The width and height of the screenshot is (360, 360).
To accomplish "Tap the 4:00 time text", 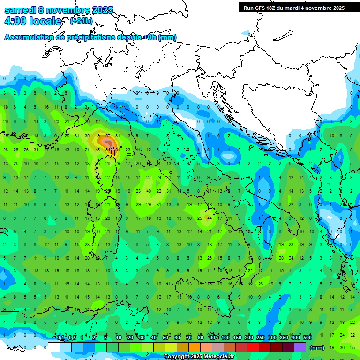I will pyautogui.click(x=17, y=22).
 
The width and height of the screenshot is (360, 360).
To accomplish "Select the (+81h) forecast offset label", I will pyautogui.click(x=81, y=21).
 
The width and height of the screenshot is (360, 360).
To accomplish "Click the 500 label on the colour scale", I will pyautogui.click(x=307, y=338).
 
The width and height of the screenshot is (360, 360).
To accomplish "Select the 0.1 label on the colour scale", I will pyautogui.click(x=60, y=338).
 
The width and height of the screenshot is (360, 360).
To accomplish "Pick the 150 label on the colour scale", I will pyautogui.click(x=237, y=338).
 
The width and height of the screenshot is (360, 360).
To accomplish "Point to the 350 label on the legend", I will pyautogui.click(x=284, y=338).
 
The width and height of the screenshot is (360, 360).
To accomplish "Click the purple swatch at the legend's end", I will pyautogui.click(x=300, y=347).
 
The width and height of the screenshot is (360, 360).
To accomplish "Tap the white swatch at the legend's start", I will pyautogui.click(x=54, y=347).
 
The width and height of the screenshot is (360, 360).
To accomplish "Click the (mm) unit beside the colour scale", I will pyautogui.click(x=317, y=348).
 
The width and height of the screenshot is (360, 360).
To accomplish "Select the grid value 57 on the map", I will pyautogui.click(x=108, y=136).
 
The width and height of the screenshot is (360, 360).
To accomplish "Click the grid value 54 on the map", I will pyautogui.click(x=108, y=150).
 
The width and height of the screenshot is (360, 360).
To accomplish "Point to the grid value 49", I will pyautogui.click(x=97, y=136).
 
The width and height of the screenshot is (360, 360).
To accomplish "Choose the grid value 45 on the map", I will pyautogui.click(x=97, y=150).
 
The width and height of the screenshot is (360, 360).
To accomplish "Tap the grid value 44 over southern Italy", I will pyautogui.click(x=210, y=218).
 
